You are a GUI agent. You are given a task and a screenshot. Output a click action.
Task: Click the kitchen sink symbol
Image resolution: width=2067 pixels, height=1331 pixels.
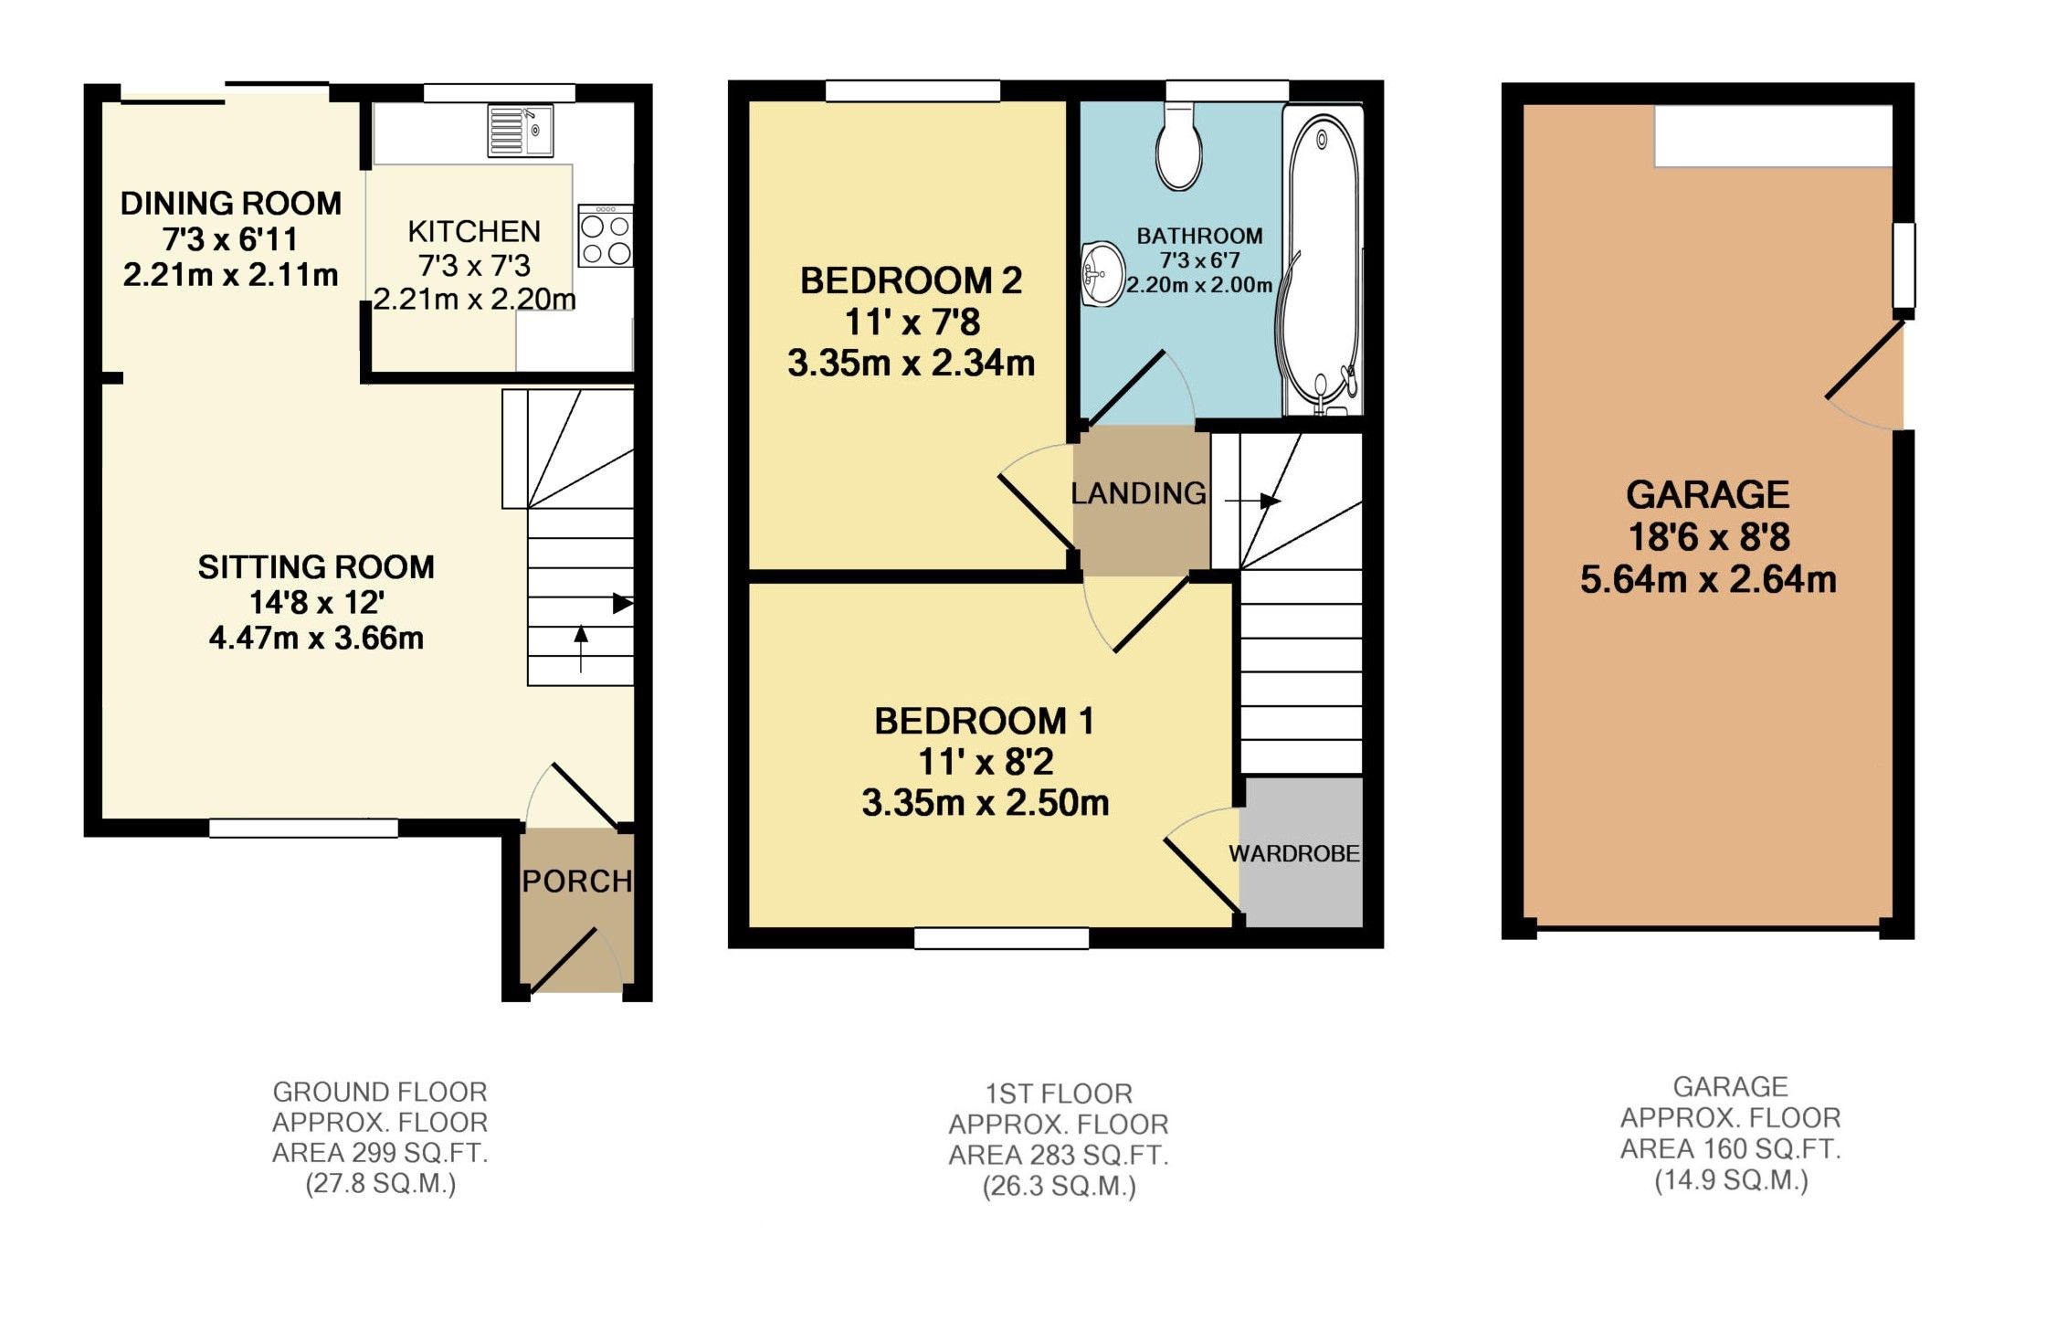520,131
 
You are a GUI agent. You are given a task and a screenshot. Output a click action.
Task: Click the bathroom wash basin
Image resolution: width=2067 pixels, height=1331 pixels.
1103,273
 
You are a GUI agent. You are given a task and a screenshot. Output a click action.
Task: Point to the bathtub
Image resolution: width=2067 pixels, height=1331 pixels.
1322,260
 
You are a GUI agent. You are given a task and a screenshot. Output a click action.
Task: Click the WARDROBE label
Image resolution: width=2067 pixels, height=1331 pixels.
1293,854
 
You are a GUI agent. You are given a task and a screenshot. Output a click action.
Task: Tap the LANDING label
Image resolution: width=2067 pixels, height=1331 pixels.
1138,494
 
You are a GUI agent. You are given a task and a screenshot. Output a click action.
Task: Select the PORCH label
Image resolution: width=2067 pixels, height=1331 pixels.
576,882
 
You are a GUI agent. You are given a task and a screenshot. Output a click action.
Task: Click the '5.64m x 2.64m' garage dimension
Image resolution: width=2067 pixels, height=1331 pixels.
1707,580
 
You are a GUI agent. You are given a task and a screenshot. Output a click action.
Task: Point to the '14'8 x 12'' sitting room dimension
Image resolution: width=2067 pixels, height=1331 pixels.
316,603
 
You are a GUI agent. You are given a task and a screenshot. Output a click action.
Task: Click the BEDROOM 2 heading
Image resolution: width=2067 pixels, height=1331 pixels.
911,280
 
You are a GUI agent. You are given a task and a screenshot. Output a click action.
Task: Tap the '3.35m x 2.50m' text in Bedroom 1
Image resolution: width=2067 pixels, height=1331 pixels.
985,803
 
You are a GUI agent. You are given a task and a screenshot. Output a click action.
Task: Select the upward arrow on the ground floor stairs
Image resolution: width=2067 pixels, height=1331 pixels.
581,648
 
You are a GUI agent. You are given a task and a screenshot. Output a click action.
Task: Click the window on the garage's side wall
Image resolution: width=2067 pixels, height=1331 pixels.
1903,265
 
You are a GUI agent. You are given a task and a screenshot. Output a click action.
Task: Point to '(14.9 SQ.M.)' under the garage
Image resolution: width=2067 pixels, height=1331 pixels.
1731,1180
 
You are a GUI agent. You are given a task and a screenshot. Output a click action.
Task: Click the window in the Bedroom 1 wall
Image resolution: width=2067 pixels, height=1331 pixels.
1001,938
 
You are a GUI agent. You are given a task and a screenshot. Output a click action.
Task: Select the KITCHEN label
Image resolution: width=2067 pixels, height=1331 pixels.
474,231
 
